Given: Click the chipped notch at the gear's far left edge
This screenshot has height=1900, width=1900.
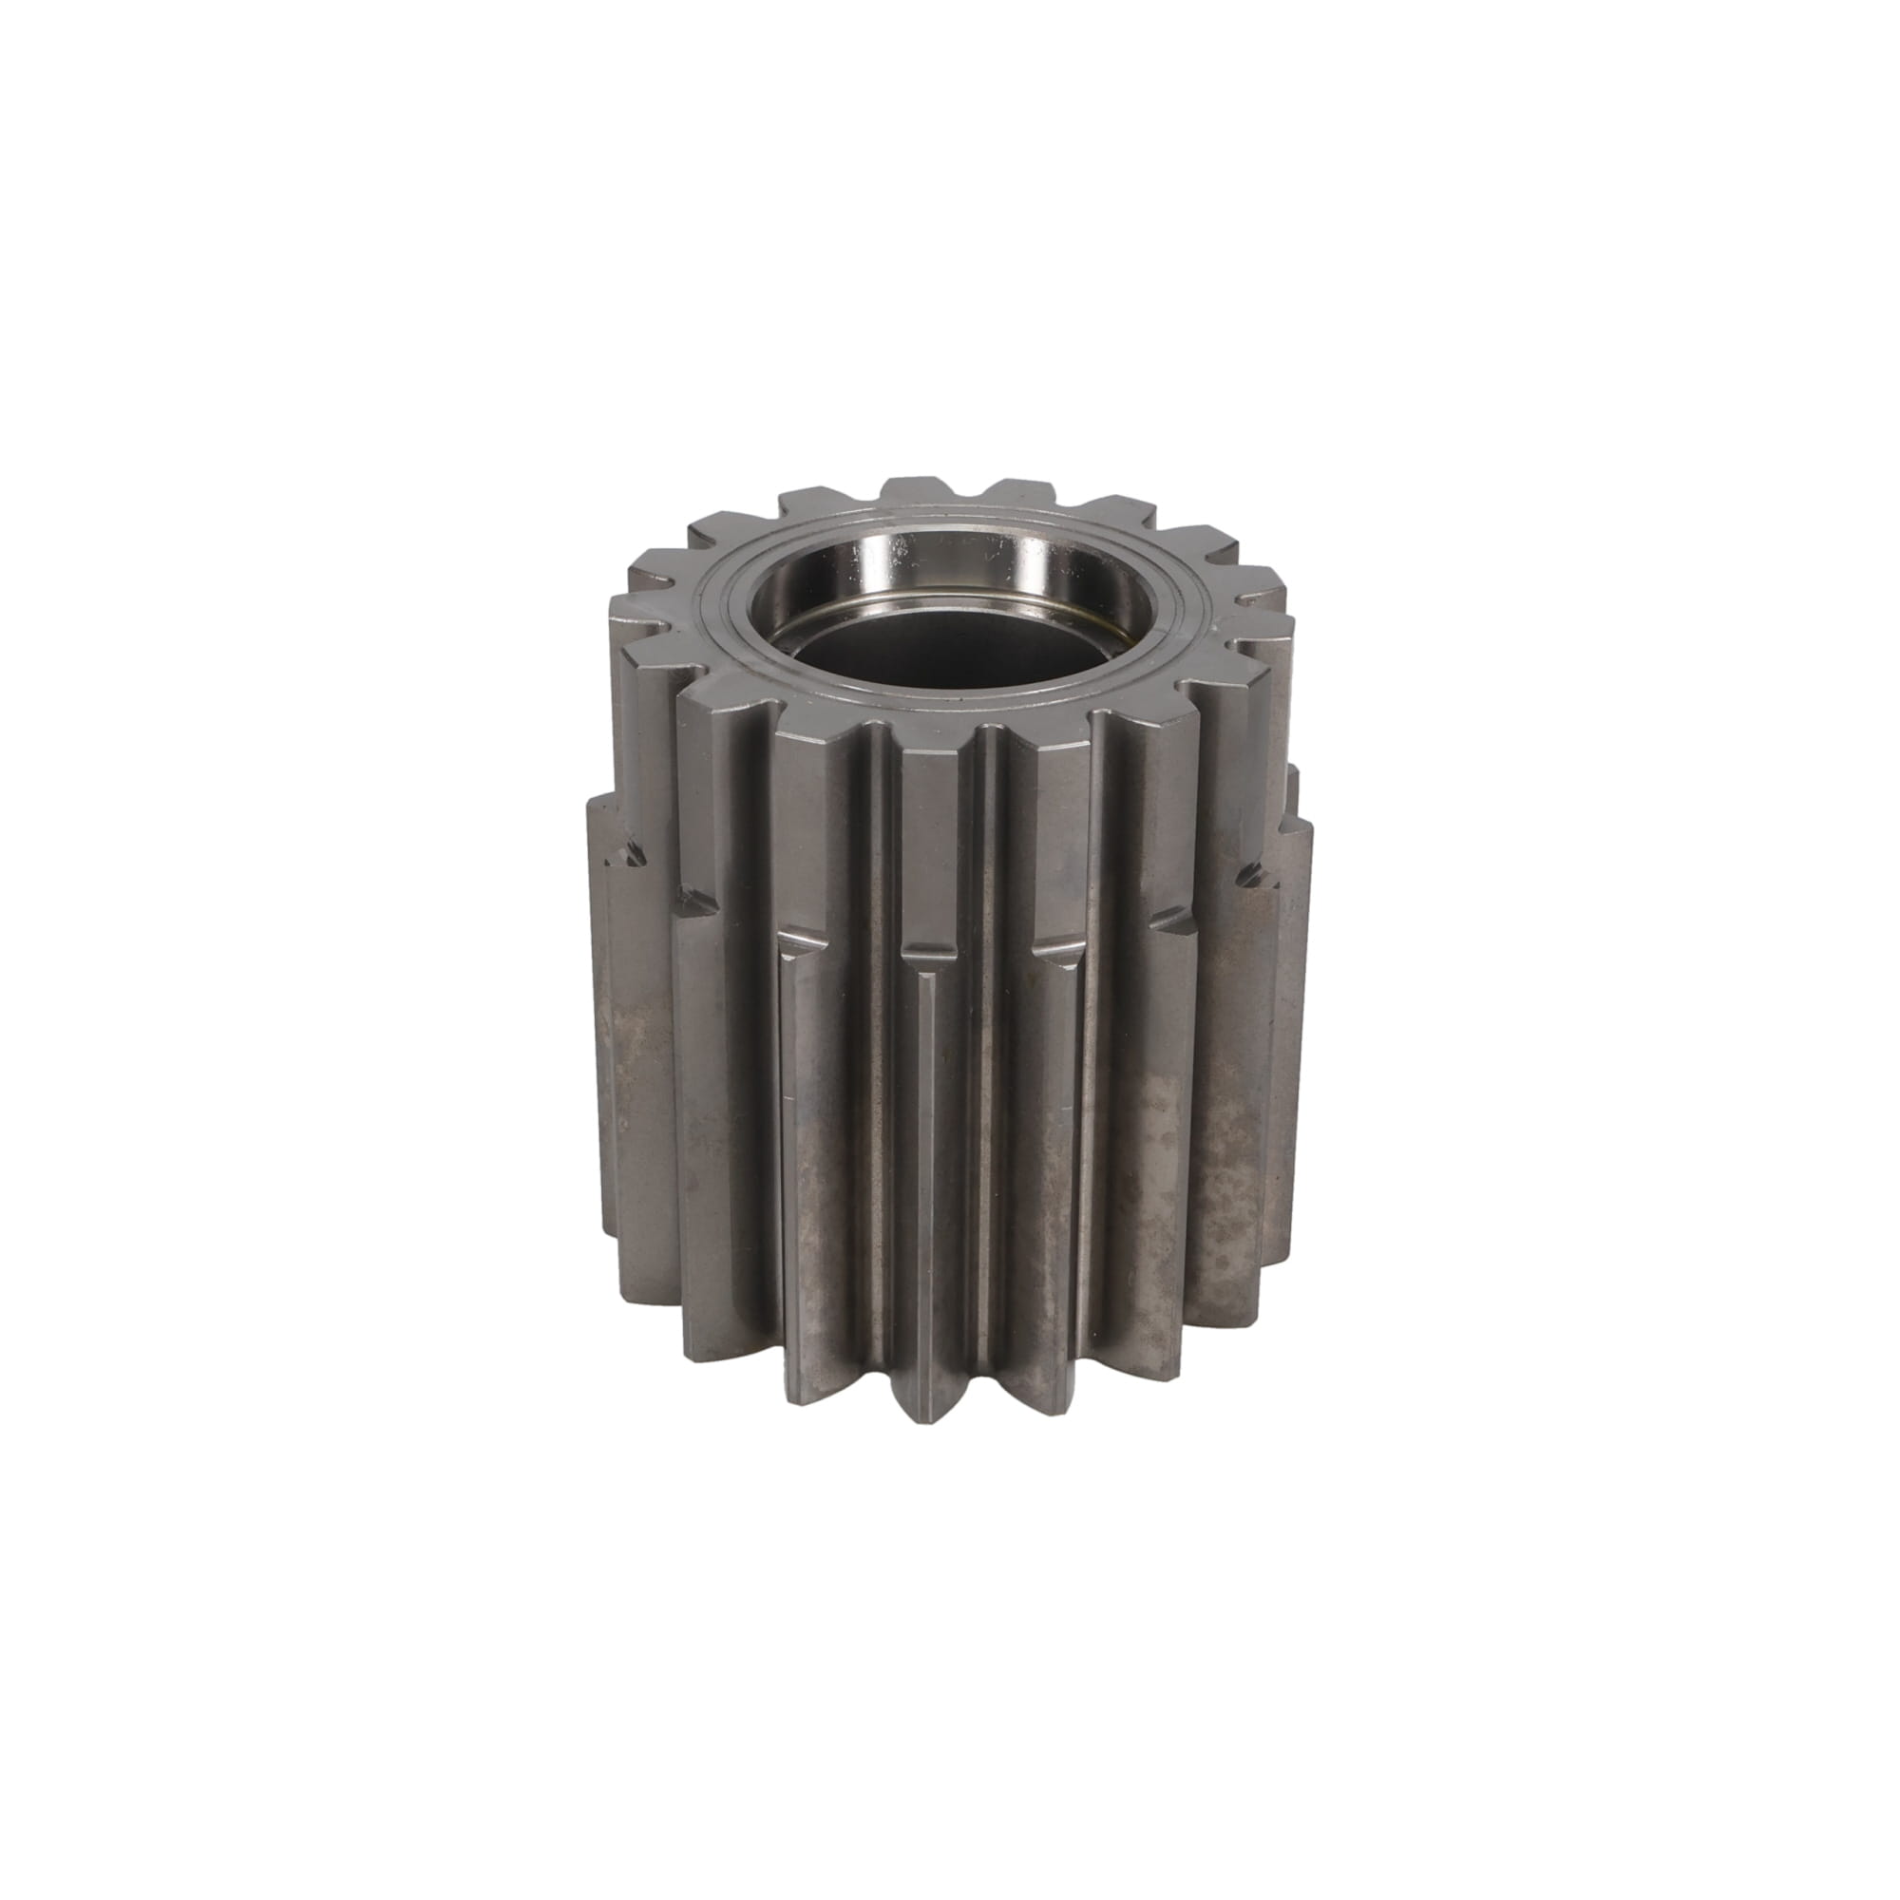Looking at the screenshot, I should [x=630, y=845].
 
